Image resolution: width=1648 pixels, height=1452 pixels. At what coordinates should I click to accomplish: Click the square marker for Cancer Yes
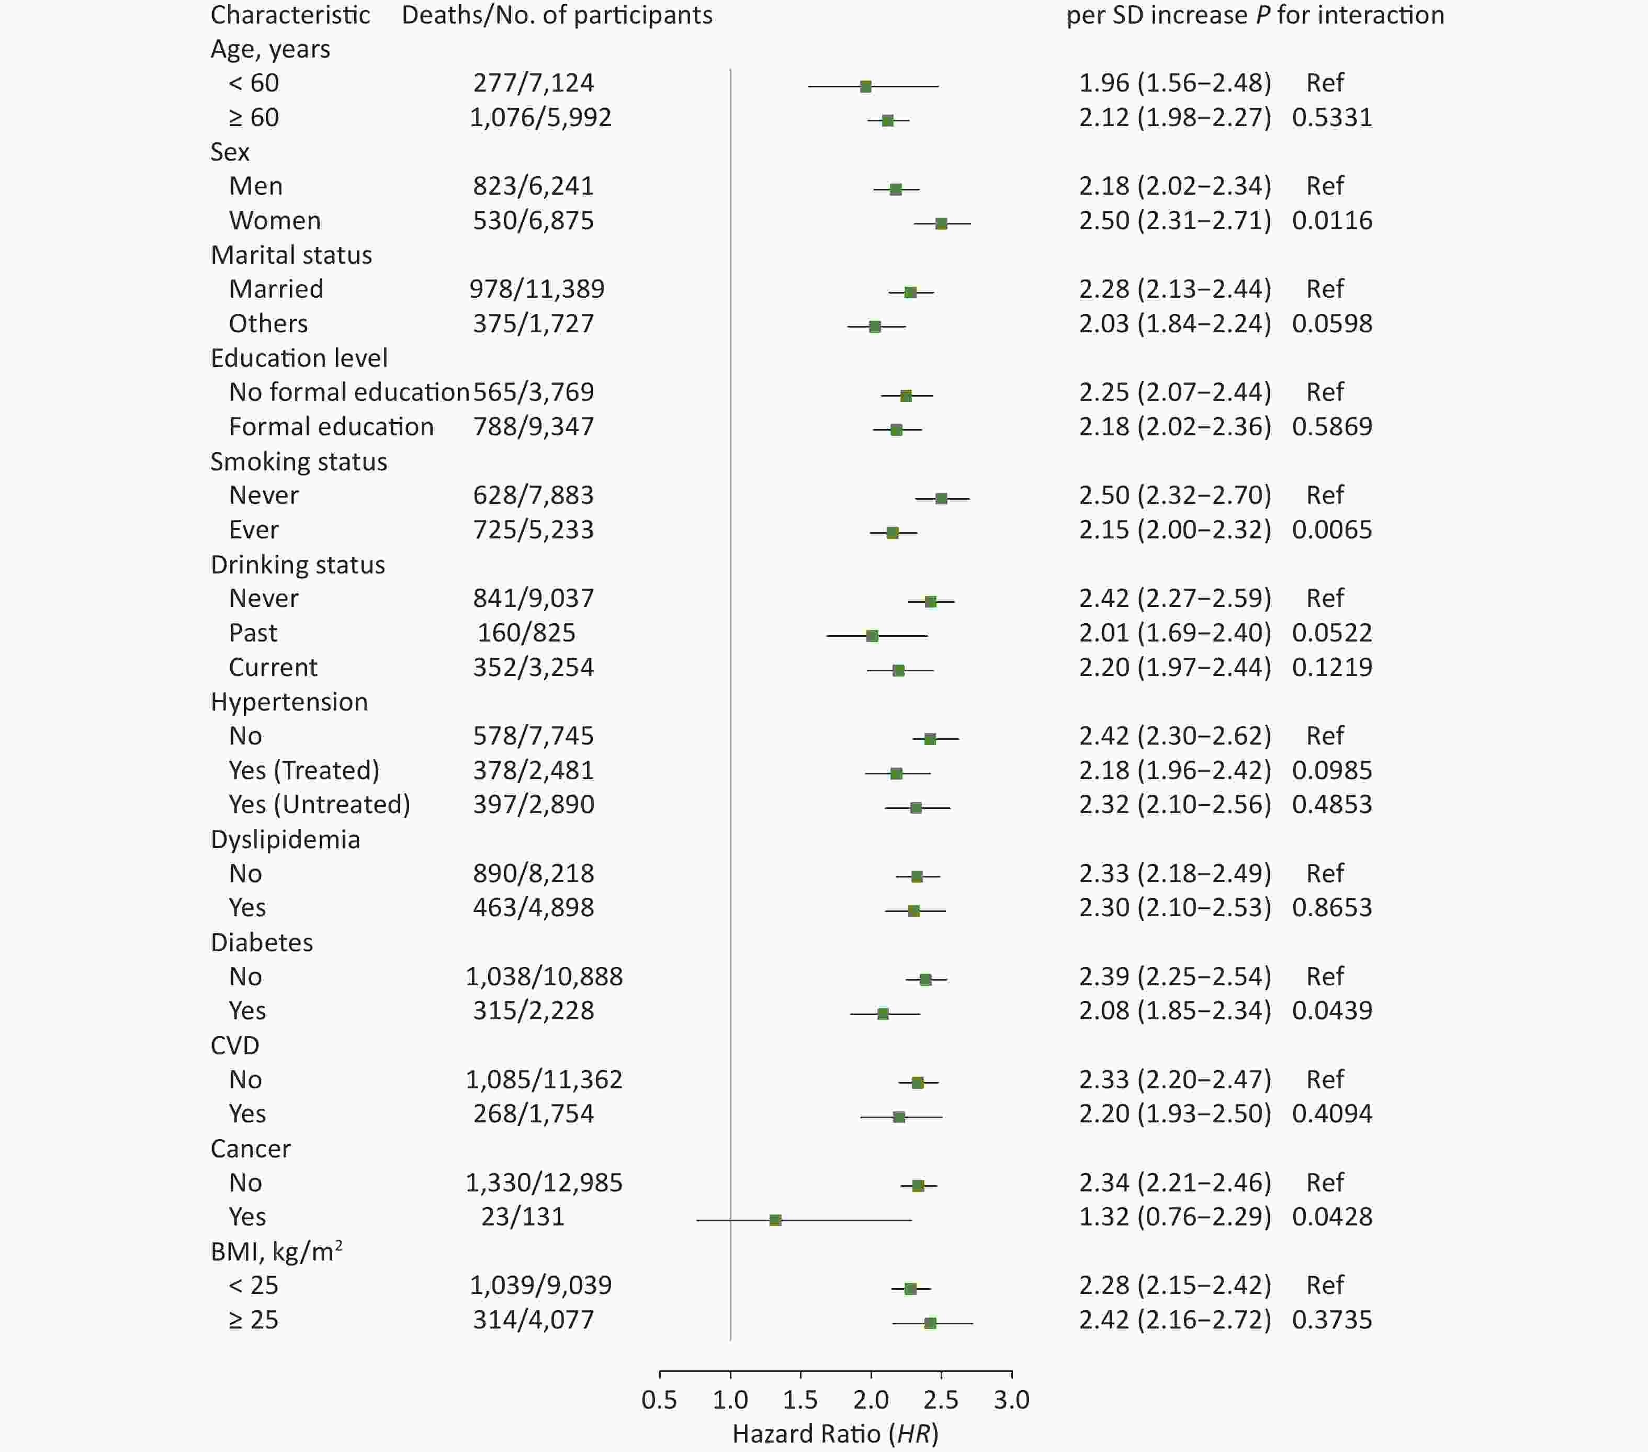click(775, 1220)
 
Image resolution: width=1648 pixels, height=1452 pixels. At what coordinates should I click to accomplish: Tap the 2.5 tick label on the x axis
click(941, 1400)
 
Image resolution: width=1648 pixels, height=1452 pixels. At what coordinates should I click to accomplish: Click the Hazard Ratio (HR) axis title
click(836, 1434)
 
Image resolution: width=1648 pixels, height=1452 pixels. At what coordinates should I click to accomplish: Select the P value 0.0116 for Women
click(1332, 220)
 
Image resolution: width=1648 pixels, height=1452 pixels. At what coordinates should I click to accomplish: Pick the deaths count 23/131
click(523, 1216)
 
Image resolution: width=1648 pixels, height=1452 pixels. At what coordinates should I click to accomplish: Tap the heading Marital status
click(291, 255)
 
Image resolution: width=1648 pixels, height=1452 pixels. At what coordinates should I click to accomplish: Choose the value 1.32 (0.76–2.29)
click(1175, 1216)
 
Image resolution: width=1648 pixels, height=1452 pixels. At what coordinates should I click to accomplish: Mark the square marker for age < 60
click(865, 86)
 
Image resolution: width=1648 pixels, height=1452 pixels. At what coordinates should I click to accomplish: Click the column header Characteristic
click(290, 15)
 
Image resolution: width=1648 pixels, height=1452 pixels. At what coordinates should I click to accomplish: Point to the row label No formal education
click(348, 392)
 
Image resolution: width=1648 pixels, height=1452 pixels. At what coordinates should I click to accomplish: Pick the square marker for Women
click(941, 223)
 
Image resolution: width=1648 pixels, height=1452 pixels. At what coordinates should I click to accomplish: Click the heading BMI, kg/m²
click(276, 1251)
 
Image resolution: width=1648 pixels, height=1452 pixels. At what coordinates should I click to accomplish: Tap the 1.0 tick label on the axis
click(730, 1400)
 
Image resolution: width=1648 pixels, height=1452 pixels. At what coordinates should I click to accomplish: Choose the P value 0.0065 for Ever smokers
click(1332, 530)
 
